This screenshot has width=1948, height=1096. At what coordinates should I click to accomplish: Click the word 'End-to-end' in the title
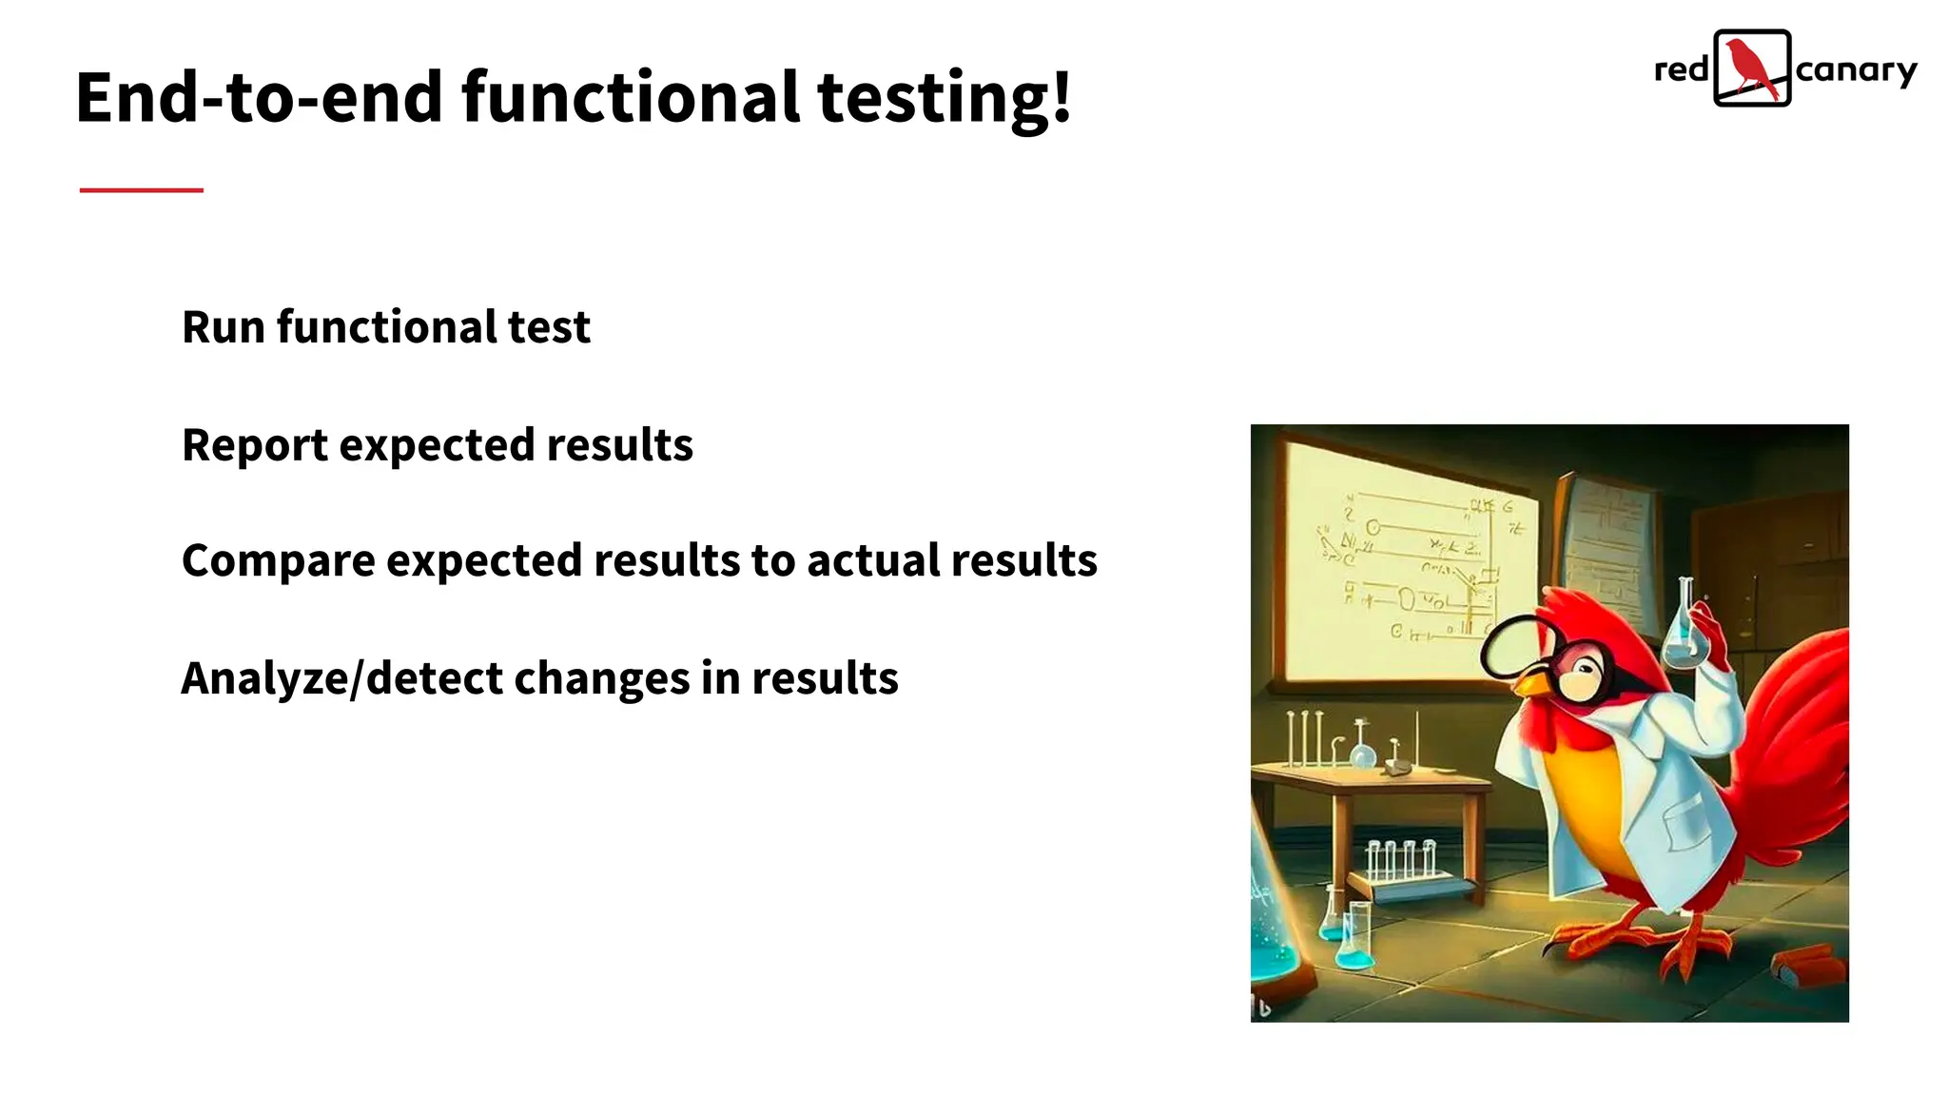click(259, 98)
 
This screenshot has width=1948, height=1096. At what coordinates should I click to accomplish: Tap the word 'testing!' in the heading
click(945, 98)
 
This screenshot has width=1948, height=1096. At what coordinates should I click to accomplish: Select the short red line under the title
click(141, 190)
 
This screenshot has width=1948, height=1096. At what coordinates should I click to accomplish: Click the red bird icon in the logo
click(1751, 68)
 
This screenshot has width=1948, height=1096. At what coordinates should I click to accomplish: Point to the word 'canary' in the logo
click(1856, 71)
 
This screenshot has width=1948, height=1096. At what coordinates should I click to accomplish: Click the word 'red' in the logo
click(1682, 69)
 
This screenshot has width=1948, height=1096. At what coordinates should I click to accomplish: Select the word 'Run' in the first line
click(223, 327)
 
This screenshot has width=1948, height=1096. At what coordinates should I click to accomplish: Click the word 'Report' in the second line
click(254, 445)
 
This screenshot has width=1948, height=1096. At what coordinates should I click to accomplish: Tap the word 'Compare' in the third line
click(278, 561)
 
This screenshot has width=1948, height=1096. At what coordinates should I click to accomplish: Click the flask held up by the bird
click(1684, 633)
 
